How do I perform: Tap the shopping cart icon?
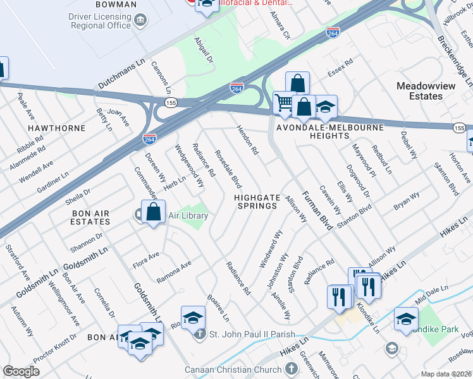(x=285, y=102)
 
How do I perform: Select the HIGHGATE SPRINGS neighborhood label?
(x=257, y=202)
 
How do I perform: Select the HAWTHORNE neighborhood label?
(x=57, y=128)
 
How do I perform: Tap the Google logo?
(x=21, y=371)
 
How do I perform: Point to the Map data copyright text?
(x=446, y=374)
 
